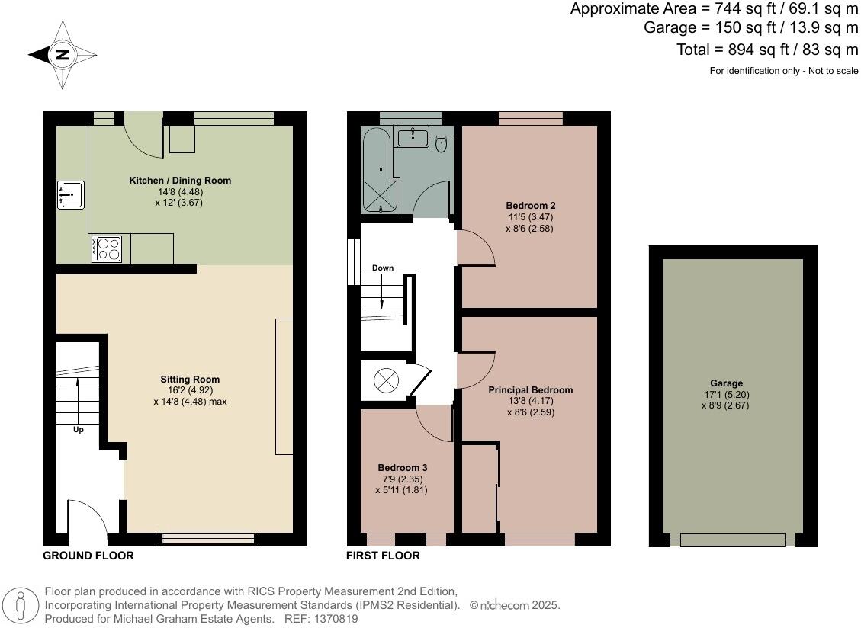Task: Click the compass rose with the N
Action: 63,55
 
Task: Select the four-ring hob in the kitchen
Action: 107,248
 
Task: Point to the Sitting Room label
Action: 190,379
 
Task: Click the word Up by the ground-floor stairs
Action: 78,430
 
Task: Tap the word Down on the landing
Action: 383,268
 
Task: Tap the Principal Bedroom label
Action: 530,389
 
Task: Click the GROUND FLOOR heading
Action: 88,556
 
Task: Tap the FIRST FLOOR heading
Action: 383,556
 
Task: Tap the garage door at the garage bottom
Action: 732,540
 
